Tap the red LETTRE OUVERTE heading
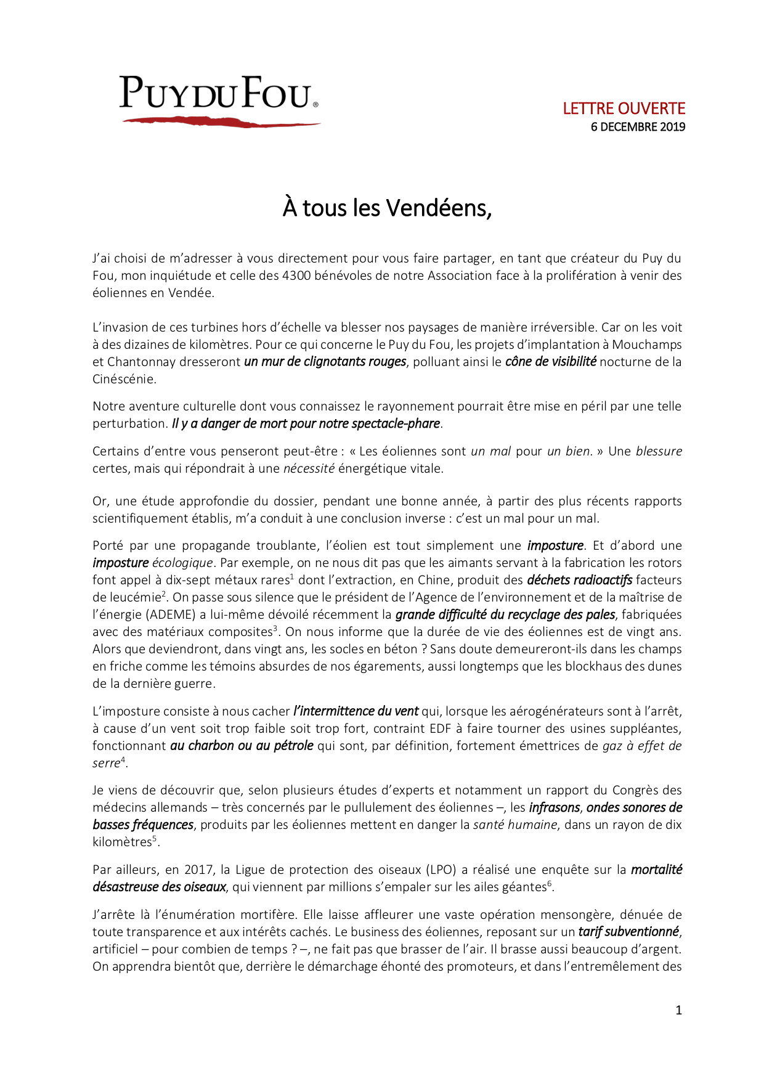[624, 108]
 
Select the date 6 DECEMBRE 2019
[638, 127]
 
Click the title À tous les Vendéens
[387, 208]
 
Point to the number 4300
[296, 275]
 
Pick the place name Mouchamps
[647, 345]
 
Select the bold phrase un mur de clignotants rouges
[325, 362]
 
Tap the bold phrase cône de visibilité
[550, 362]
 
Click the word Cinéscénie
[124, 379]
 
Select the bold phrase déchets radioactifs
[579, 580]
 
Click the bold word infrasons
[555, 807]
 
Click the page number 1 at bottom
[678, 1010]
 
